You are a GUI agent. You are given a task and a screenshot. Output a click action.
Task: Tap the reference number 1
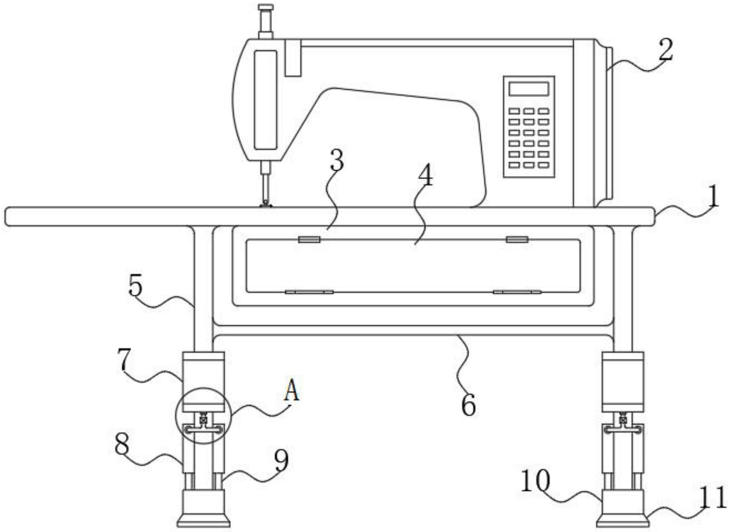714,197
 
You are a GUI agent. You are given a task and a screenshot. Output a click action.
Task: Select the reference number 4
426,175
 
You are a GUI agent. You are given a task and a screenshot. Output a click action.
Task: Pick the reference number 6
468,405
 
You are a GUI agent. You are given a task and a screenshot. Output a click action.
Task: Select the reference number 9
281,460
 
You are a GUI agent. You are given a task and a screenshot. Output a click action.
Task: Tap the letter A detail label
292,390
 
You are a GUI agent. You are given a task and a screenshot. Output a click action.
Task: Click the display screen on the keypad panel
529,89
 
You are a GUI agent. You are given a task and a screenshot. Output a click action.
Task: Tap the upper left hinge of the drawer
309,239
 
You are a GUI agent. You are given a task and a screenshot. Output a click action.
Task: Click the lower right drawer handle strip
517,292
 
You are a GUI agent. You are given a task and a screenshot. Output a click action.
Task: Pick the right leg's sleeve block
623,382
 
